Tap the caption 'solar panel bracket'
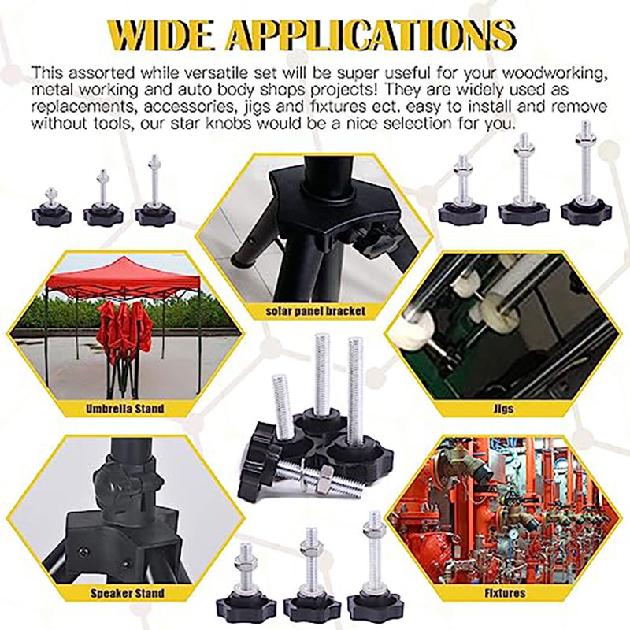[314, 311]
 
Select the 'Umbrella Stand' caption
[125, 409]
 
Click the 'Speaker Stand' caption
[127, 593]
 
